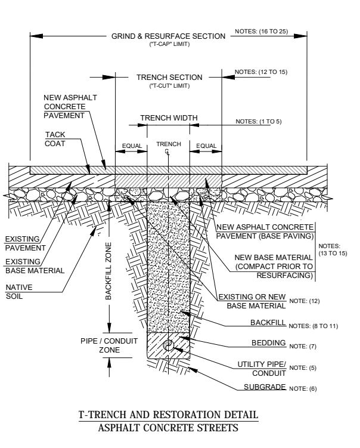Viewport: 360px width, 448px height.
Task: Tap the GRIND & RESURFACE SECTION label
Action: [168, 36]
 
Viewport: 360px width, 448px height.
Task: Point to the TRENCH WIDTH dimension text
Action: [168, 118]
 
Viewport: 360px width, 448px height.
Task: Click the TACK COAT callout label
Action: [56, 138]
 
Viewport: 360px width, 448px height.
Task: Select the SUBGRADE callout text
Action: [266, 387]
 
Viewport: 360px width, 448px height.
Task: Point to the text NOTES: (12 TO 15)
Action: [260, 72]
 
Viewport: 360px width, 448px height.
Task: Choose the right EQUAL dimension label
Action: [206, 145]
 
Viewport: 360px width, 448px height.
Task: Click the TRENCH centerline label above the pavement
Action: [168, 144]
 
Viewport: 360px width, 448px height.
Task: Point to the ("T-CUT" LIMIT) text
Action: [169, 86]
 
